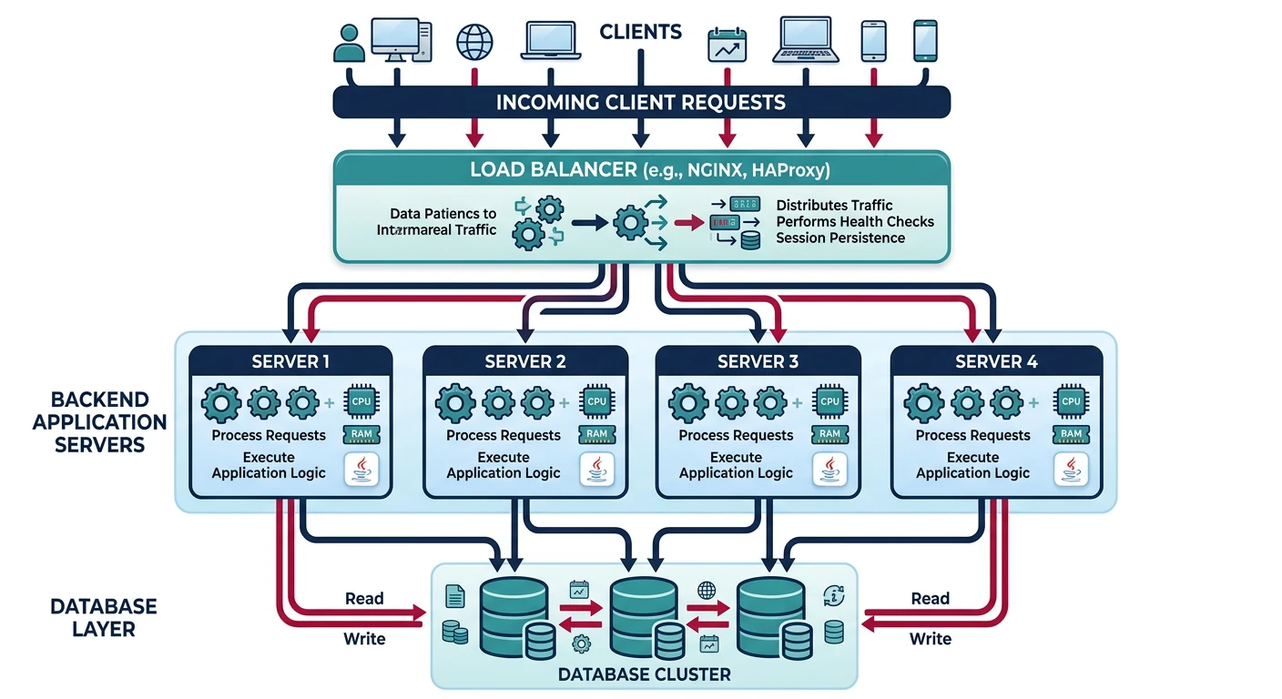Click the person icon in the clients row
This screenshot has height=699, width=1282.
click(349, 43)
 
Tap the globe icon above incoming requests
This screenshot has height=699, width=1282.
click(473, 42)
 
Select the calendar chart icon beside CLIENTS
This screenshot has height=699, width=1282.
click(727, 45)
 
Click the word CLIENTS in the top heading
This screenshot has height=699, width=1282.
click(640, 32)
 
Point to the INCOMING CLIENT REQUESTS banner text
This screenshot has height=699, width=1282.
click(640, 102)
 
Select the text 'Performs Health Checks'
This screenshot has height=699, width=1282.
click(854, 221)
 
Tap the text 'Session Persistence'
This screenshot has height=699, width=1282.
click(839, 238)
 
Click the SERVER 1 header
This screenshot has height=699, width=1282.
click(290, 361)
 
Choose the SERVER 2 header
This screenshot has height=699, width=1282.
click(525, 361)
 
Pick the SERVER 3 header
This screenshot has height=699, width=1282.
click(758, 361)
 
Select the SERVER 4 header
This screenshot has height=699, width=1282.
click(996, 361)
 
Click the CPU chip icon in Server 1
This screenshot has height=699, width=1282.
click(362, 401)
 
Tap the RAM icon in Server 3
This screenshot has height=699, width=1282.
click(829, 434)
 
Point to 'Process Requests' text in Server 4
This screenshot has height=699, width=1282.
click(972, 435)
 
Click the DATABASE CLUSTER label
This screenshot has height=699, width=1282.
click(643, 674)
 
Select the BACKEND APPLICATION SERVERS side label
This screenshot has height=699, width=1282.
click(99, 422)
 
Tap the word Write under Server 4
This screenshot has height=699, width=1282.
click(930, 639)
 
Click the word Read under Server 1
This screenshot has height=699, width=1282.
click(364, 599)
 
